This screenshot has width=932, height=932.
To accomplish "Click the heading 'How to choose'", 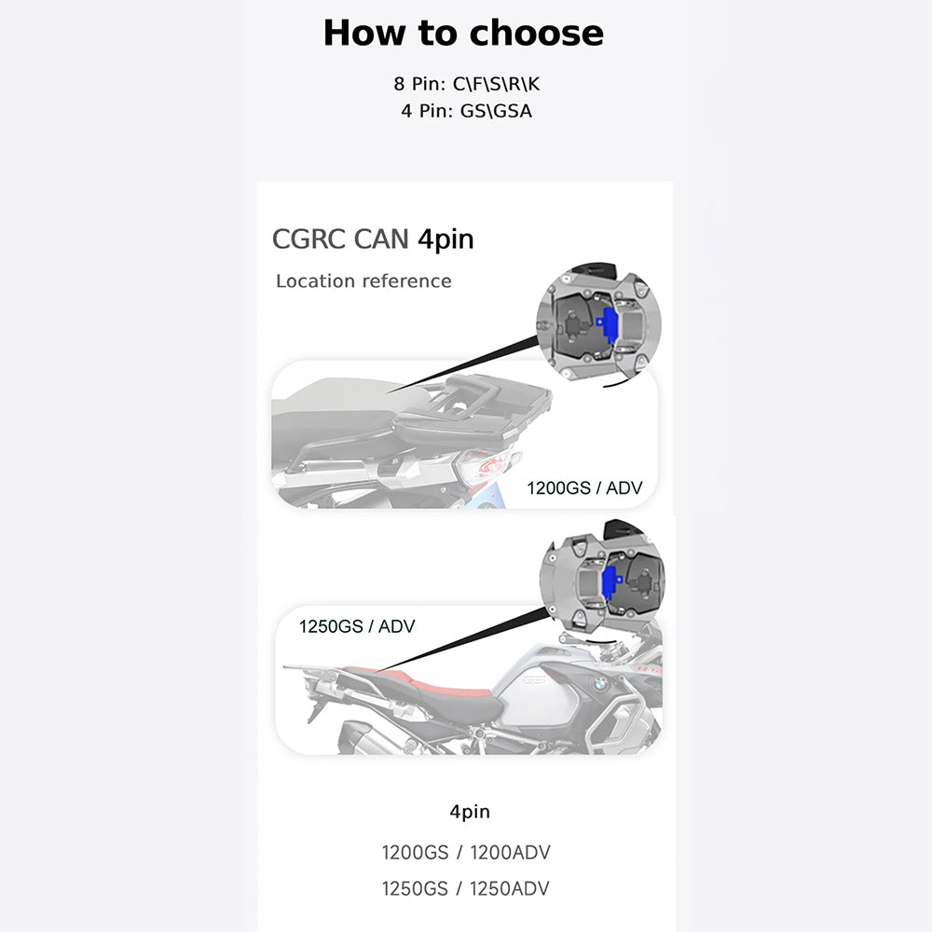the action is [463, 33].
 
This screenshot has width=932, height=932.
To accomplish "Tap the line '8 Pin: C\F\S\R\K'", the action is [467, 84].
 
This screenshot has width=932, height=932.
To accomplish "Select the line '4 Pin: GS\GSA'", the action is [467, 111].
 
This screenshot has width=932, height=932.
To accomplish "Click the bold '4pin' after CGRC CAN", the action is [445, 240].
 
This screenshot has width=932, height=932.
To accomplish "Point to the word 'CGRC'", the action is [309, 239].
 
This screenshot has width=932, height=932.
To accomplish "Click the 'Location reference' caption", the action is [363, 281].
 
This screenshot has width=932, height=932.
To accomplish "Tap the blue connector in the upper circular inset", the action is [608, 325].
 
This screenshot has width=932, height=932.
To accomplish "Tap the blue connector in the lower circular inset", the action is [610, 582].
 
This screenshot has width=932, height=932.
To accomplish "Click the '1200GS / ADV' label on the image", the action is [584, 488].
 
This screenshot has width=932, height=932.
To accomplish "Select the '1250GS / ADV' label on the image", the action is [357, 626].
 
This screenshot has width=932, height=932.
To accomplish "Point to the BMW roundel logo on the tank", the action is [599, 684].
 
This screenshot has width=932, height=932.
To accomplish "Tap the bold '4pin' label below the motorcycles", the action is [470, 812].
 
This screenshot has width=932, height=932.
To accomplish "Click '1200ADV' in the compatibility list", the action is [510, 853].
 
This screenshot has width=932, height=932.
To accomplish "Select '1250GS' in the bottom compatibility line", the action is [415, 888].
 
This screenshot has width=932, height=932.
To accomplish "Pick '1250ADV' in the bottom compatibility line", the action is [510, 888].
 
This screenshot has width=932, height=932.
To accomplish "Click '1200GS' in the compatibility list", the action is [415, 853].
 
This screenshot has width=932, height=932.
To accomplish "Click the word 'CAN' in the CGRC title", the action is [381, 239].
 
